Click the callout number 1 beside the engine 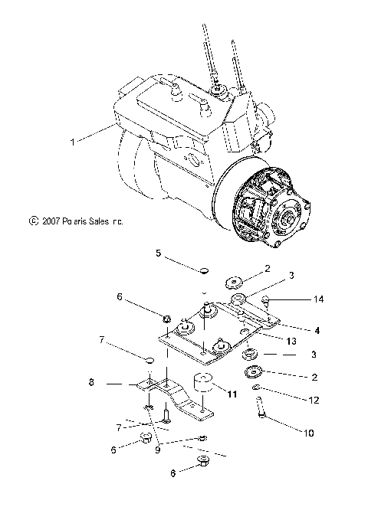(94, 141)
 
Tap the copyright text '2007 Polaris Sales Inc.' (76, 221)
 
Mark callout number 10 (309, 433)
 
